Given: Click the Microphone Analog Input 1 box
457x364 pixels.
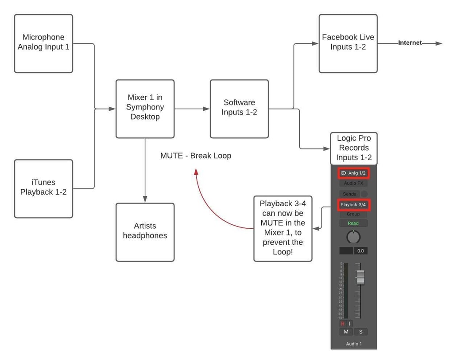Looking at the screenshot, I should click(43, 43).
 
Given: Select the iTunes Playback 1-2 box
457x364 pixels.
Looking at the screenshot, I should click(43, 188).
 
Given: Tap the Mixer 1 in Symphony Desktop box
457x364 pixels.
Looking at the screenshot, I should click(145, 109).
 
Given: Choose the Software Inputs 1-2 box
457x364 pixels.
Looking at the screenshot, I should click(239, 109).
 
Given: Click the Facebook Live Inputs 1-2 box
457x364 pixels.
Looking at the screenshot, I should click(348, 43).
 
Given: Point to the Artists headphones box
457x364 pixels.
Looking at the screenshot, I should click(145, 232).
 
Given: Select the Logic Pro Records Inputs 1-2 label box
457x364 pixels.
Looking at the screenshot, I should click(354, 148).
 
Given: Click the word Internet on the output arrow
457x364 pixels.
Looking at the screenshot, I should click(410, 43).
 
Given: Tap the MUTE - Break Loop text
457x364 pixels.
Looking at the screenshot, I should click(196, 156).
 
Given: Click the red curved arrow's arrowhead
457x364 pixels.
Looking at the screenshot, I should click(195, 172).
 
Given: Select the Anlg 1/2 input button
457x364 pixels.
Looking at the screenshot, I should click(353, 173).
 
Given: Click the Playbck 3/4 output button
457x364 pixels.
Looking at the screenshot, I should click(353, 204).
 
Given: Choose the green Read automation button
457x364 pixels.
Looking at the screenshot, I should click(353, 223).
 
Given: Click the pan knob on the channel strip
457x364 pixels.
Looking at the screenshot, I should click(353, 237).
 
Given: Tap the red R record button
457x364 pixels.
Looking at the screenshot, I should click(342, 324).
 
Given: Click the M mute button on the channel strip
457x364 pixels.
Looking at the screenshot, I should click(346, 332).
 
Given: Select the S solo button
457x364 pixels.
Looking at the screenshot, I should click(360, 332).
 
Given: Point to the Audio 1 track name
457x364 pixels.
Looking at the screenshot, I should click(353, 344).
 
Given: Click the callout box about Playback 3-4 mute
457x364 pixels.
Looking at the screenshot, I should click(283, 228).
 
